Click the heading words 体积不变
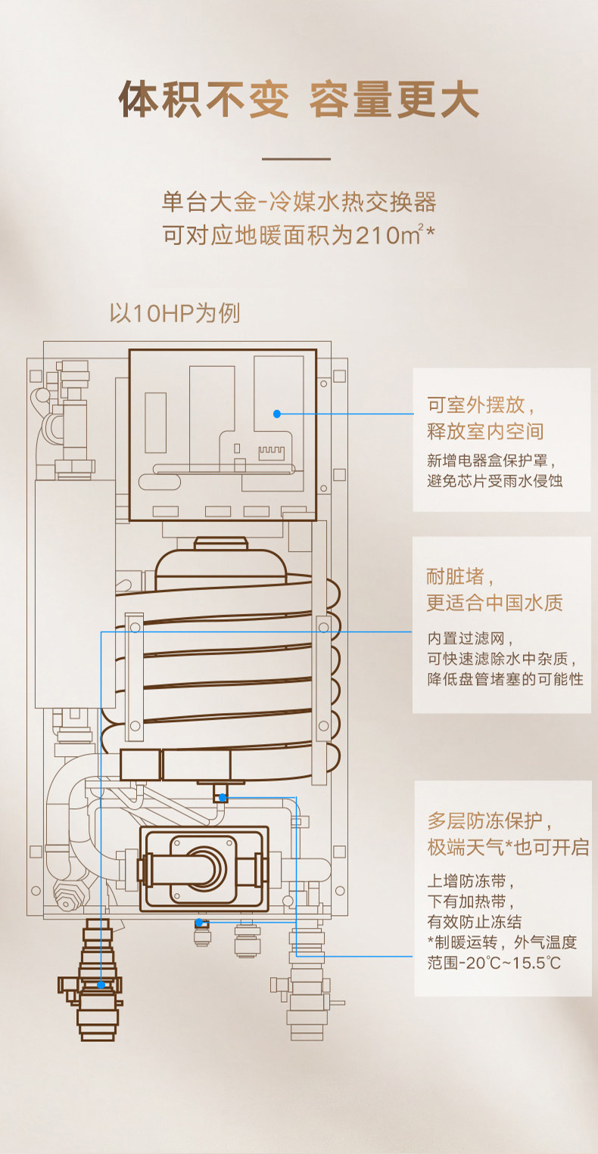pyautogui.click(x=204, y=100)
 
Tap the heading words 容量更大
pyautogui.click(x=394, y=100)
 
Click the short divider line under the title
pyautogui.click(x=296, y=159)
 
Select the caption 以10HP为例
pyautogui.click(x=175, y=313)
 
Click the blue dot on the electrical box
pyautogui.click(x=277, y=414)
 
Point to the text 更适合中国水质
pyautogui.click(x=495, y=603)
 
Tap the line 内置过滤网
pyautogui.click(x=465, y=638)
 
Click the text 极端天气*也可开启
pyautogui.click(x=508, y=847)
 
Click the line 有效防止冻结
pyautogui.click(x=475, y=922)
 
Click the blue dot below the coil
pyautogui.click(x=223, y=797)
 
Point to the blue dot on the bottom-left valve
pyautogui.click(x=101, y=985)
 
